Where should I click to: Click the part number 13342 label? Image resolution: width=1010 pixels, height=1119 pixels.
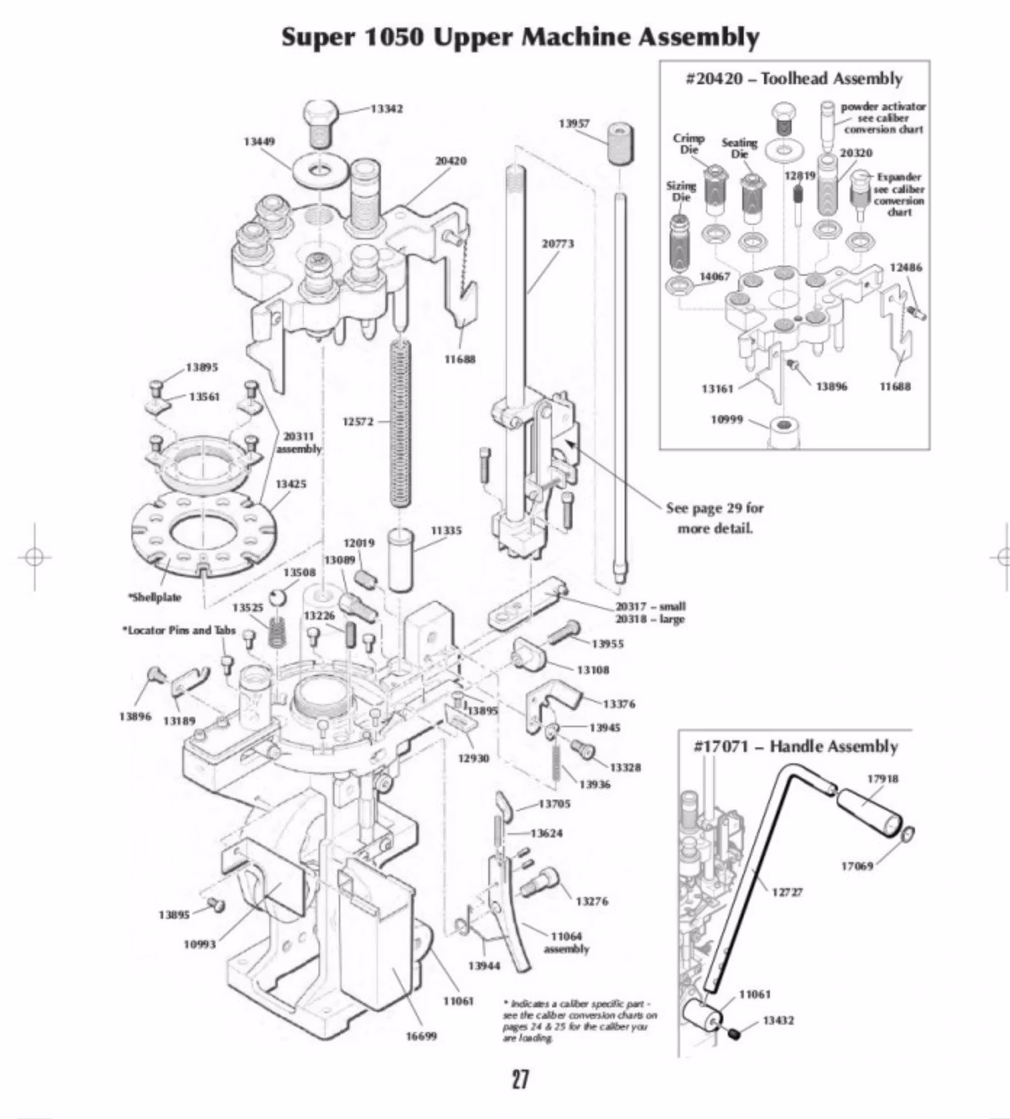387,109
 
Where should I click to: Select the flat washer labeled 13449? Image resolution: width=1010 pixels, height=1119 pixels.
319,171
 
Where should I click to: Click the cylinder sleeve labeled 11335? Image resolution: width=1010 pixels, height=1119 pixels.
401,561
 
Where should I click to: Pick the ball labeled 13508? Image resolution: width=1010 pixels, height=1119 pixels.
276,598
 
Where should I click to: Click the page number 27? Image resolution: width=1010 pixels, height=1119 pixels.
520,1079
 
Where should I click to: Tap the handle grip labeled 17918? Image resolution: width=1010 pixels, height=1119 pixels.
869,810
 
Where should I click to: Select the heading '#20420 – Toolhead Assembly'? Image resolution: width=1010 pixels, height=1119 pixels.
794,78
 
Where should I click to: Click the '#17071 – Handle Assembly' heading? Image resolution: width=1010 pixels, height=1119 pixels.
795,746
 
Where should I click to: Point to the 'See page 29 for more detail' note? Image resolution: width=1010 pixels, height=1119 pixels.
714,517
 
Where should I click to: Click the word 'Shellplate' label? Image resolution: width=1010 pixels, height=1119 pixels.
155,597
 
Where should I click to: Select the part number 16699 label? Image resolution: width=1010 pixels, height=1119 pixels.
421,1036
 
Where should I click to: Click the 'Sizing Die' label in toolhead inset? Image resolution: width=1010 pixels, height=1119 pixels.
680,192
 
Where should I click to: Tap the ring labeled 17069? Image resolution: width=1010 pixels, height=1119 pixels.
908,835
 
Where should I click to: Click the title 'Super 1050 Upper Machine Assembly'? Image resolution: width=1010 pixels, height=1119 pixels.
520,36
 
